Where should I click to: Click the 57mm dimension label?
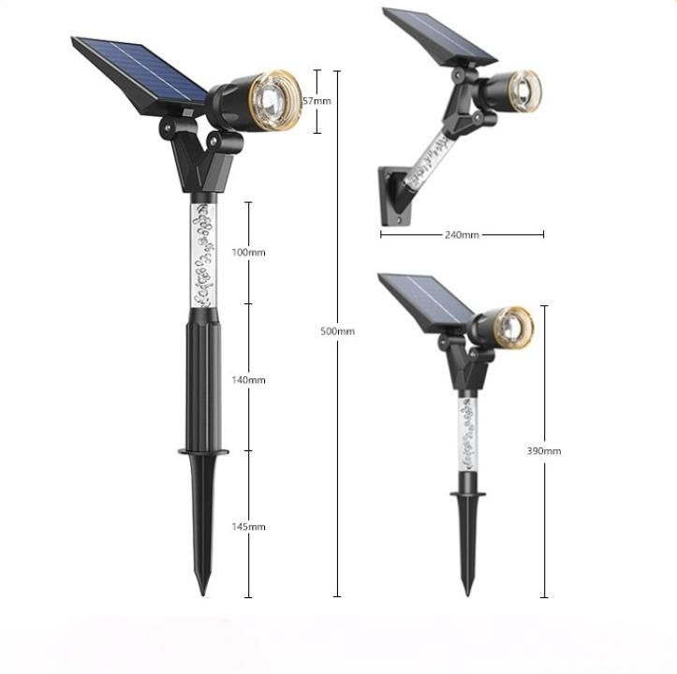pyautogui.click(x=316, y=101)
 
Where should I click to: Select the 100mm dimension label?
pyautogui.click(x=248, y=252)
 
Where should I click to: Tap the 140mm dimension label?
pyautogui.click(x=248, y=380)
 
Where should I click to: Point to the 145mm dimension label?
pyautogui.click(x=248, y=527)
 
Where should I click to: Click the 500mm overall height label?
pyautogui.click(x=338, y=331)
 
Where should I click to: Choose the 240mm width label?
pyautogui.click(x=462, y=235)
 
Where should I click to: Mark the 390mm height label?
pyautogui.click(x=544, y=451)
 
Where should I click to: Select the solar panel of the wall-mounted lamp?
pyautogui.click(x=439, y=37)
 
